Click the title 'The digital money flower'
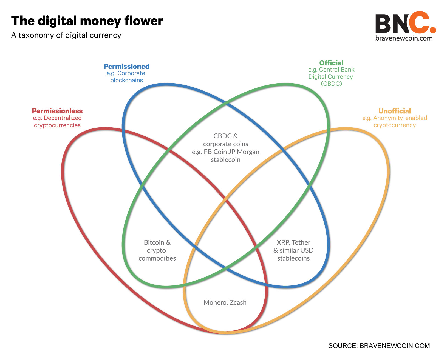pos(87,21)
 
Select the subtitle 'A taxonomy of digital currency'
pos(66,35)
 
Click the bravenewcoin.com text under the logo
pos(404,38)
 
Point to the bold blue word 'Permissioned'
pos(126,67)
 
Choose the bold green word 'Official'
pos(331,63)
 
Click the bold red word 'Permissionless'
pos(57,111)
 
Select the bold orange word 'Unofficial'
pos(395,111)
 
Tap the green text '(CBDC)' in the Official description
pos(331,84)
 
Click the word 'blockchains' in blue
pos(126,80)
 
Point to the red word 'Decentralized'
pos(63,118)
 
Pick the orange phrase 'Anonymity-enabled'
pos(400,118)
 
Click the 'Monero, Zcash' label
pos(225,302)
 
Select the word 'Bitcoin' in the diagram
pos(154,242)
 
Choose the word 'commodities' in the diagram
pos(157,258)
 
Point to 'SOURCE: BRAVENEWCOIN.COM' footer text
pos(379,346)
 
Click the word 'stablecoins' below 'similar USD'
pos(293,258)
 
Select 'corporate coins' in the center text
pos(225,144)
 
